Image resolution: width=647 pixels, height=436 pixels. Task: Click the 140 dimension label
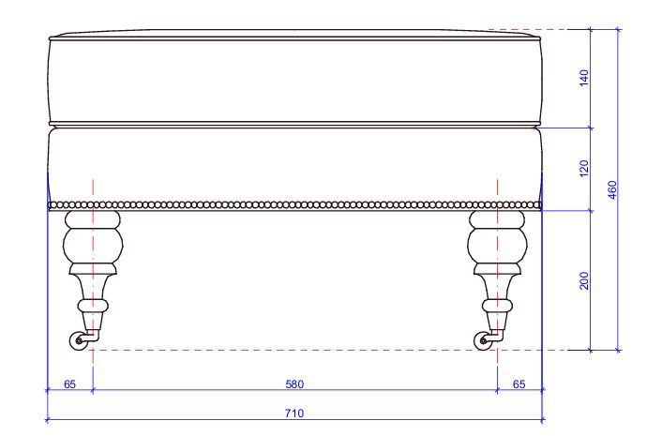point(584,78)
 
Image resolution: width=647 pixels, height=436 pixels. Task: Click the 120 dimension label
point(584,169)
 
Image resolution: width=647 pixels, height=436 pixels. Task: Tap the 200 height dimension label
point(584,280)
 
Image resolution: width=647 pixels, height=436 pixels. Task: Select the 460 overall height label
point(612,189)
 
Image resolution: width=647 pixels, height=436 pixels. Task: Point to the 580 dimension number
point(294,384)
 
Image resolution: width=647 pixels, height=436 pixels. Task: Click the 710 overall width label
point(294,413)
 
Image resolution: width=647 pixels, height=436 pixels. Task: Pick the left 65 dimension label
point(69,384)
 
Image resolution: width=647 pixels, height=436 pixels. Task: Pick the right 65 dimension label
point(519,384)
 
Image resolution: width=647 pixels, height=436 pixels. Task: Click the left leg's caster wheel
point(78,341)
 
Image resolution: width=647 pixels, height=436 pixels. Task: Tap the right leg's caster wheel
point(482,341)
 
